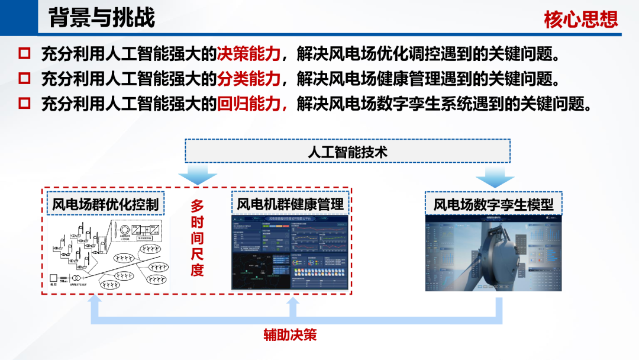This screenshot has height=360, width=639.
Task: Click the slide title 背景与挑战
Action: (x=101, y=18)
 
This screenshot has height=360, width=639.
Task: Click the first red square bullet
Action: (x=24, y=54)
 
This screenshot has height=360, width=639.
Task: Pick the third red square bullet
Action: (x=24, y=104)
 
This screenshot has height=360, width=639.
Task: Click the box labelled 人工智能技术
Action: (x=347, y=152)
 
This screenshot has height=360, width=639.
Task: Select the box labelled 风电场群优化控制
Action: (x=105, y=204)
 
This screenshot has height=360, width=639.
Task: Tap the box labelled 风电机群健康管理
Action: (x=290, y=204)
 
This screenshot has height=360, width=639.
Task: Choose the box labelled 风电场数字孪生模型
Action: (x=493, y=204)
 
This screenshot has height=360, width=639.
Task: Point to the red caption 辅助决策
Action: (x=290, y=335)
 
